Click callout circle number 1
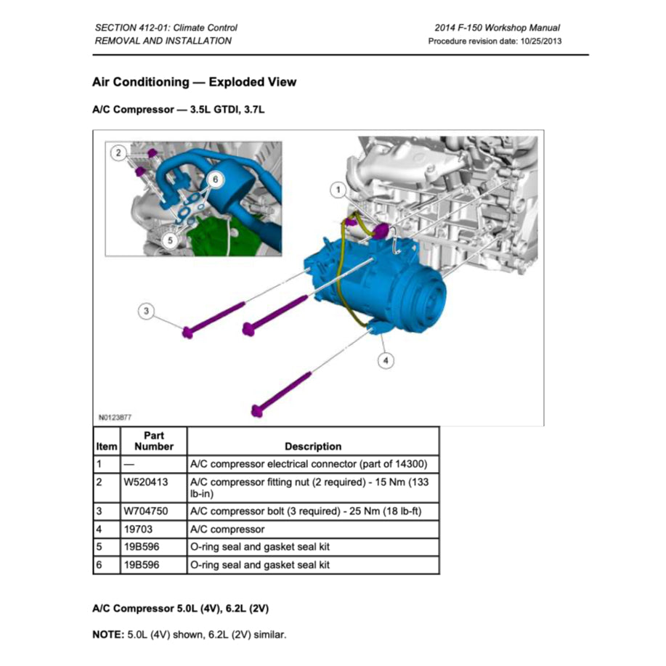337,190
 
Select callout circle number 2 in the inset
118,153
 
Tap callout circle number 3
146,312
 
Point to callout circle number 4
386,360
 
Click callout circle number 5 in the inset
168,239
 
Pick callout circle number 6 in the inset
215,179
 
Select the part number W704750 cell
145,511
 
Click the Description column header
312,447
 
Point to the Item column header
106,447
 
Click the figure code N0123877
115,418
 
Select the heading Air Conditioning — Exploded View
195,82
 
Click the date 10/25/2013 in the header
540,41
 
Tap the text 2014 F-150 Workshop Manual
498,28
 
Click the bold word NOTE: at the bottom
108,635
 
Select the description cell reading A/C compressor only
227,529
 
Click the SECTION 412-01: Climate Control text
166,28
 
